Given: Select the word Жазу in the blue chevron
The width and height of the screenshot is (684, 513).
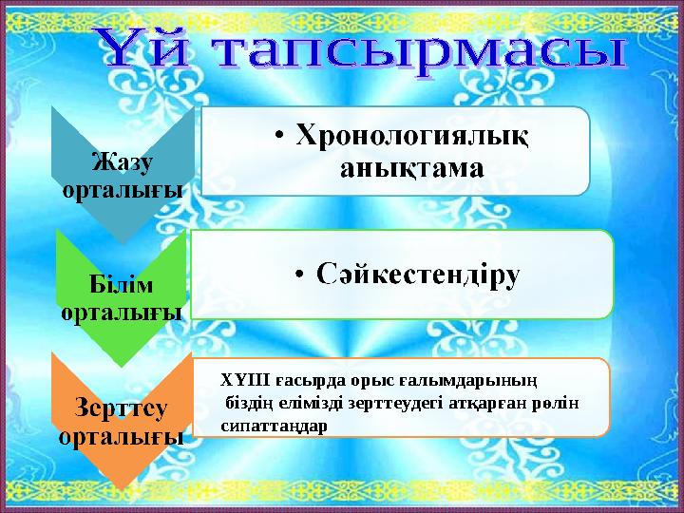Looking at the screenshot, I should point(123,162).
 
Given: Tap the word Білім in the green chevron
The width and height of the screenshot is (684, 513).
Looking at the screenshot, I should point(123,285).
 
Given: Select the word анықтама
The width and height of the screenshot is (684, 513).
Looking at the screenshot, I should point(410,168).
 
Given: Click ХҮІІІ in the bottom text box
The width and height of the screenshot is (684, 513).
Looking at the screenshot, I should point(241,380).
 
